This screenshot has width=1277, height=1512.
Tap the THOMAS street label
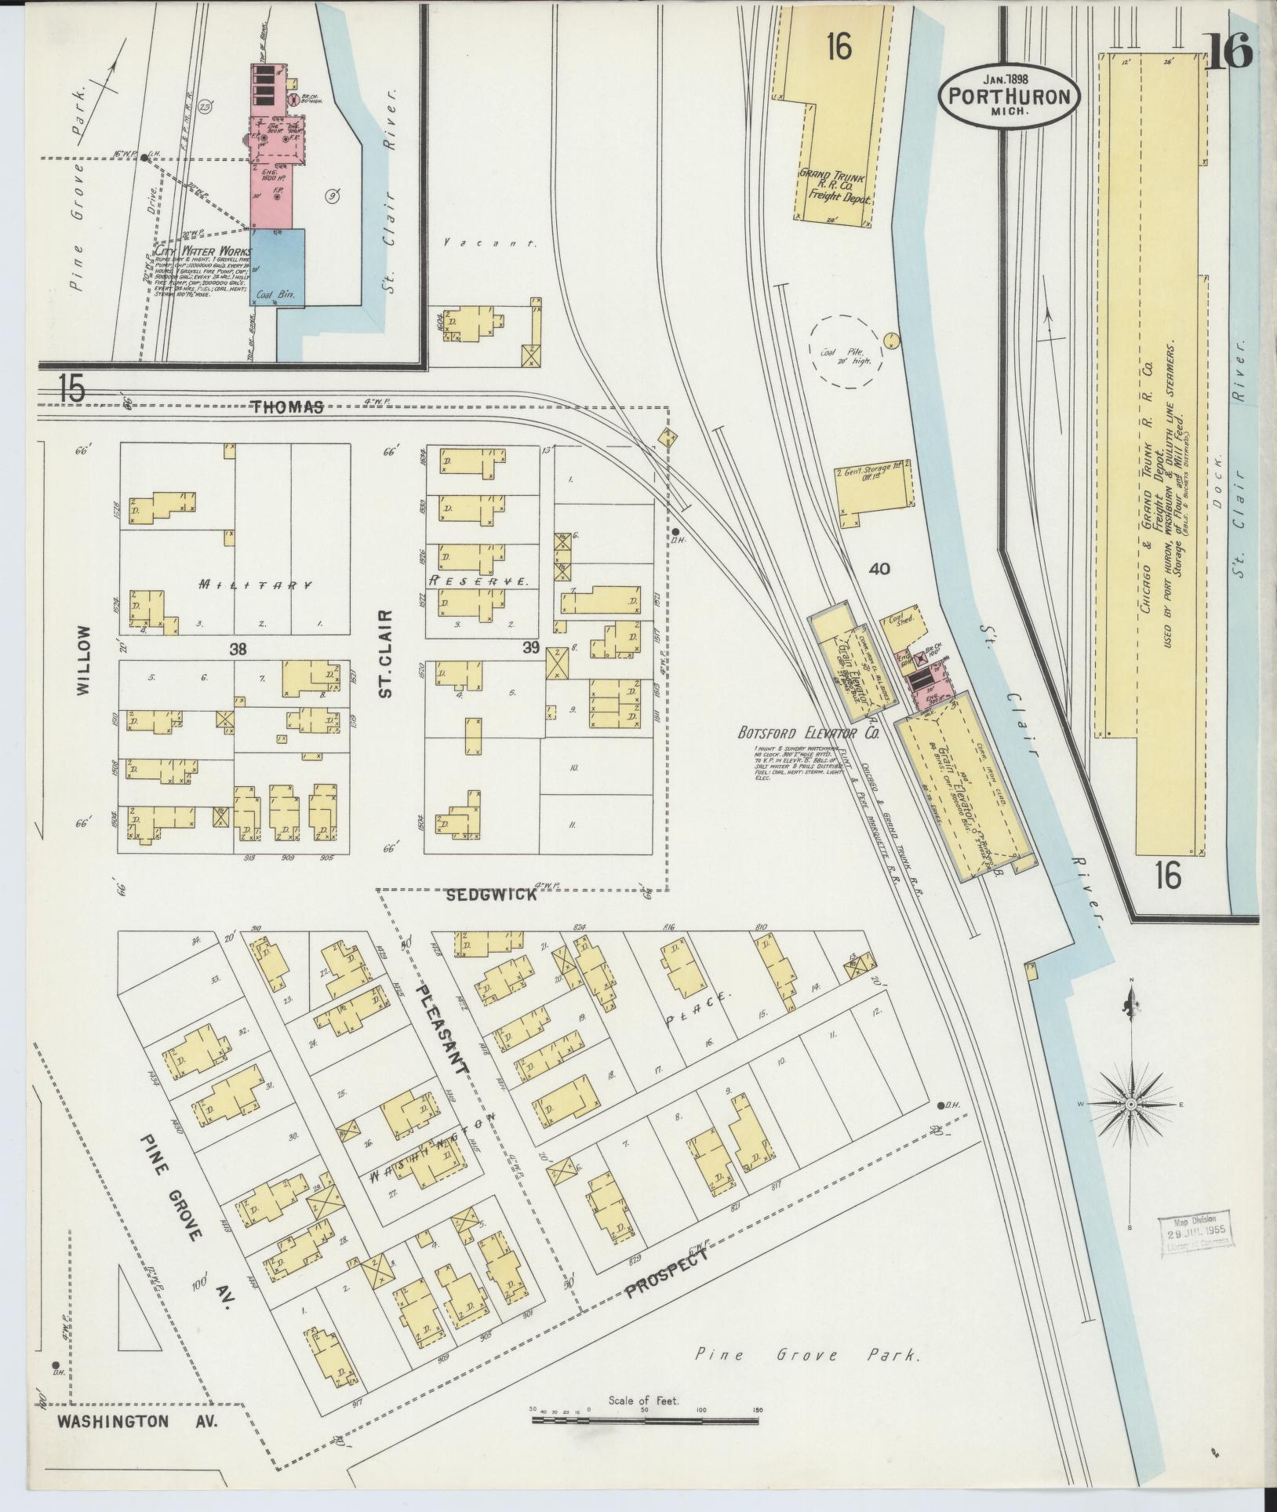pyautogui.click(x=288, y=406)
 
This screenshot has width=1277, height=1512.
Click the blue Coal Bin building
pyautogui.click(x=277, y=267)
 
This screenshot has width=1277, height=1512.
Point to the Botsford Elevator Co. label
pyautogui.click(x=808, y=733)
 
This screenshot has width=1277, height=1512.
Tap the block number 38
pyautogui.click(x=238, y=648)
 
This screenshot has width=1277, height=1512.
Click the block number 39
pyautogui.click(x=532, y=647)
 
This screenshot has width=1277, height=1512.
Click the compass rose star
pyautogui.click(x=1130, y=1105)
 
